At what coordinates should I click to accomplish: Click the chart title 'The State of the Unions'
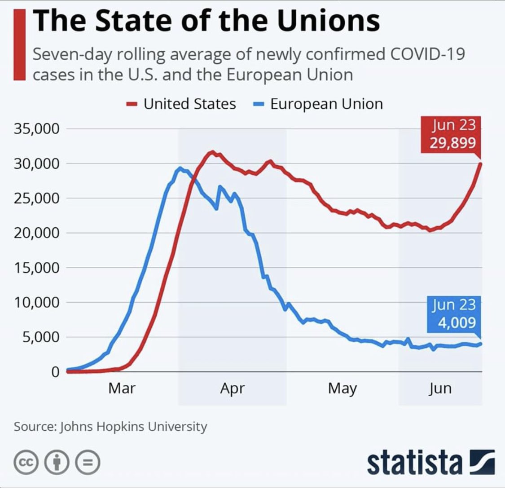point(206,21)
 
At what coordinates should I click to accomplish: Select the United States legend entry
point(181,104)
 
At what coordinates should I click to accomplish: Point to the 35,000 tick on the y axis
point(37,129)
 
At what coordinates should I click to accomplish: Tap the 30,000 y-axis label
point(37,164)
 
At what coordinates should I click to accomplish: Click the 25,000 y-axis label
point(37,199)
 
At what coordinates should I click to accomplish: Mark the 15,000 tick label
point(37,268)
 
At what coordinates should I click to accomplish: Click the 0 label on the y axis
point(55,372)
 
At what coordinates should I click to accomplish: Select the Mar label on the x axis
point(122,388)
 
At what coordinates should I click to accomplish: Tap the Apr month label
point(232,388)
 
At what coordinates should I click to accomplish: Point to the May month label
point(343,388)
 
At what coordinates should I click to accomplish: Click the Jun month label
point(439,388)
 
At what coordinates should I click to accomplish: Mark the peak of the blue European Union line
point(180,168)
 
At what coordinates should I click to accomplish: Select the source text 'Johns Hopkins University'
point(133,426)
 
